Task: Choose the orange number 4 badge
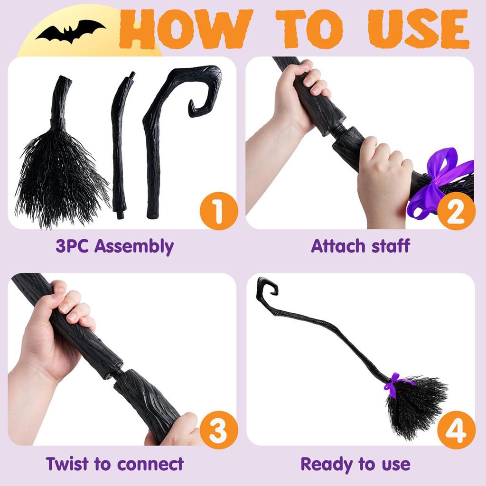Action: (455, 429)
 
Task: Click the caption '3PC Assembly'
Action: (114, 247)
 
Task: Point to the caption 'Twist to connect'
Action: (114, 463)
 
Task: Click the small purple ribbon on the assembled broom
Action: (394, 383)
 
